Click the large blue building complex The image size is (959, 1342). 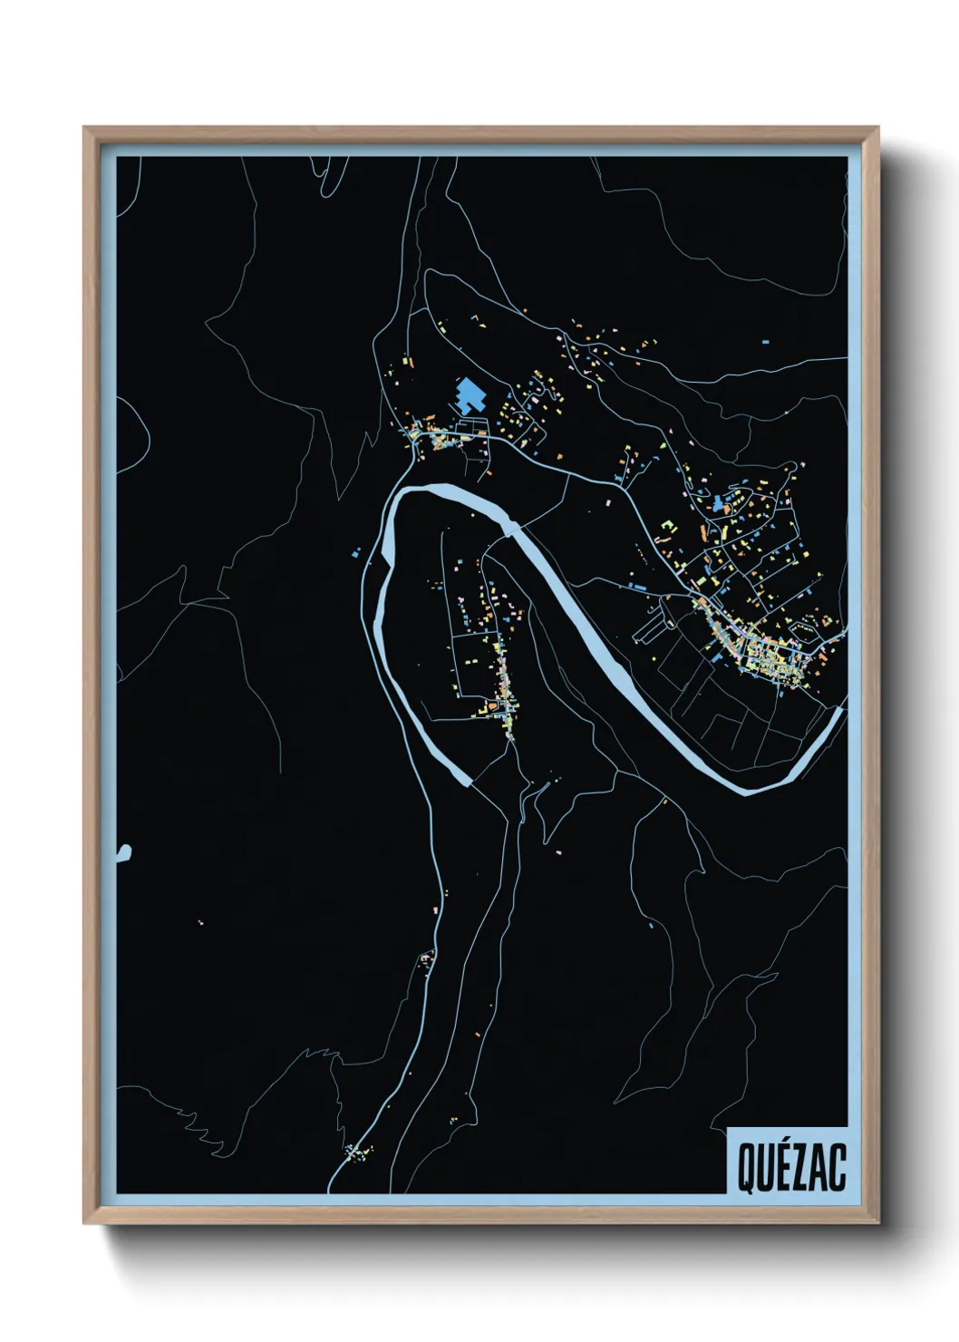click(x=470, y=397)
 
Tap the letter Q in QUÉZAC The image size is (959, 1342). click(x=745, y=1168)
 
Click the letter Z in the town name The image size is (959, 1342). click(x=799, y=1168)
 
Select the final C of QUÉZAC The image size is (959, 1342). click(x=838, y=1168)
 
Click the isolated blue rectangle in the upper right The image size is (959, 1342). click(x=766, y=342)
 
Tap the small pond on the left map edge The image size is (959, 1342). click(x=124, y=851)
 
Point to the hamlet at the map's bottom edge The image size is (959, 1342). click(x=359, y=1153)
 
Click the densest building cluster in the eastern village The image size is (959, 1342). click(x=770, y=657)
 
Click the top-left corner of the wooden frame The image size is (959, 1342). click(x=85, y=128)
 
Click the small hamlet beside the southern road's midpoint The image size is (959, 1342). click(x=426, y=958)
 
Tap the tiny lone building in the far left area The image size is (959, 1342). click(x=200, y=923)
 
